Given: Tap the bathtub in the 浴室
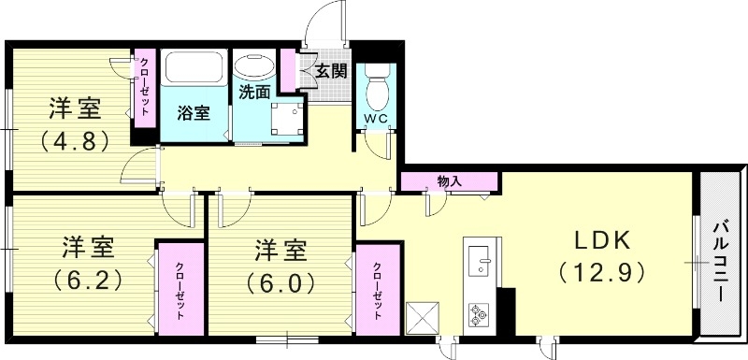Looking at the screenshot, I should coord(192,68).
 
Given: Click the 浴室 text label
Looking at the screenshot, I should coord(194,113).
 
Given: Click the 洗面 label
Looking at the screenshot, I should coord(254,94).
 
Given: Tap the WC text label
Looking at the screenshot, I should coord(376,119).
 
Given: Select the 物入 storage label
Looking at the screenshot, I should coord(448,180).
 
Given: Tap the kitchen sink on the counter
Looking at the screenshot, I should coord(479,258).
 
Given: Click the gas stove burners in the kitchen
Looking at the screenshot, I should coord(479,314).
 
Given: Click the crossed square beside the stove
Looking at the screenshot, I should coord(424,315).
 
